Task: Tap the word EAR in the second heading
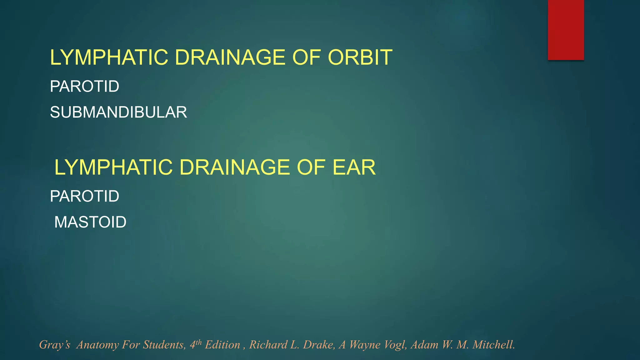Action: [354, 167]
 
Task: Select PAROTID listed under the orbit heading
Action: [84, 86]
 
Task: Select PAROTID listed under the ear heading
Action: [84, 196]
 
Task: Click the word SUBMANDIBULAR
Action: [118, 112]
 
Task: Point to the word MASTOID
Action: [90, 222]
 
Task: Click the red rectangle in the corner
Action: [566, 30]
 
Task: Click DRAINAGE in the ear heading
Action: [234, 167]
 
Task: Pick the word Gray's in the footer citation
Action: [54, 345]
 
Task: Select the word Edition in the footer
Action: [222, 345]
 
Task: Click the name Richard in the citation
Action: [268, 345]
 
